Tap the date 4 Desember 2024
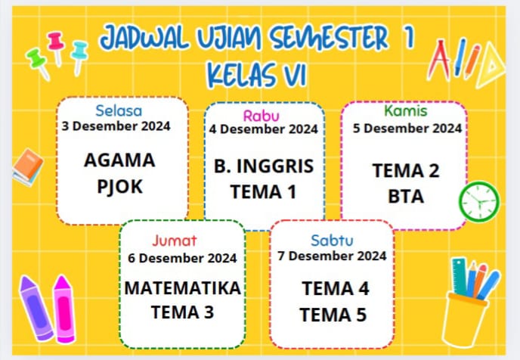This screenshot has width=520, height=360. point(263,129)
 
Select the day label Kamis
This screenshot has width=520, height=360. point(405,111)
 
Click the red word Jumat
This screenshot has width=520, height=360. point(174,241)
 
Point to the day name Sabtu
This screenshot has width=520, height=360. point(330,240)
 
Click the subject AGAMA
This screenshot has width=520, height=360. point(119,160)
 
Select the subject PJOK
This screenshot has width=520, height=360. point(119,186)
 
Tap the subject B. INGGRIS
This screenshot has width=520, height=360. point(262,166)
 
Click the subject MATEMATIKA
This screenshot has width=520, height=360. point(182,288)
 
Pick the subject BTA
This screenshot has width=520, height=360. point(406,197)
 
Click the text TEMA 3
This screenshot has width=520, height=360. point(182,312)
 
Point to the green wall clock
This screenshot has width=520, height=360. point(479,202)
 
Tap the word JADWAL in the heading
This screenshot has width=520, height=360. point(146,39)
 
